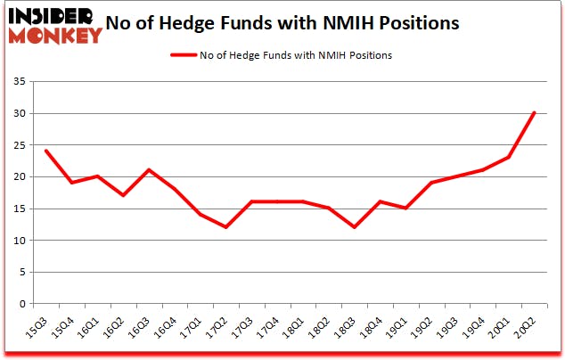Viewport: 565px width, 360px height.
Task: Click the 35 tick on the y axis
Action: pos(21,82)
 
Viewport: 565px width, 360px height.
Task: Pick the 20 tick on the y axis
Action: pos(21,177)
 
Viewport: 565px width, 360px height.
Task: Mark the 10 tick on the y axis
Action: pos(21,241)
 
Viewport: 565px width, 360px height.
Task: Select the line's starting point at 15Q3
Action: pos(45,151)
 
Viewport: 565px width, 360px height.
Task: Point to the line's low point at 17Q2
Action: pos(225,227)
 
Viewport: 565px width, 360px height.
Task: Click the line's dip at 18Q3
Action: pos(354,227)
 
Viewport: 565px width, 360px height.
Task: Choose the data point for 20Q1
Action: pos(507,158)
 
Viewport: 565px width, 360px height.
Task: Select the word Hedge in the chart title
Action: pos(203,23)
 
